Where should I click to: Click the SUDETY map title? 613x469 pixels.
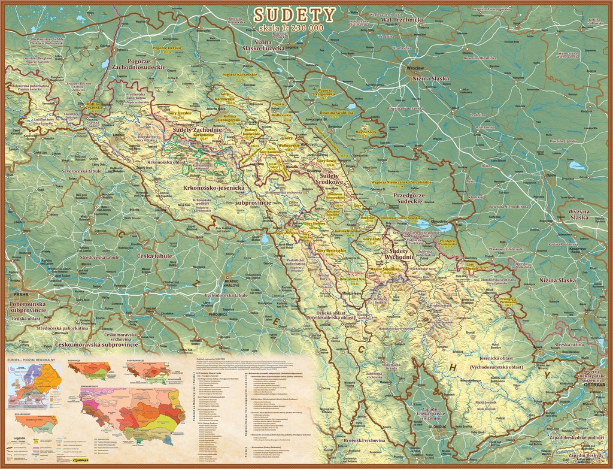click(x=294, y=14)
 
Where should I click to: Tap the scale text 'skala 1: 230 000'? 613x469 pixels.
click(x=287, y=28)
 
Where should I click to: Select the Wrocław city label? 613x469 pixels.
click(x=413, y=68)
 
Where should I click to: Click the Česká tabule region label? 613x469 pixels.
click(x=154, y=256)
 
